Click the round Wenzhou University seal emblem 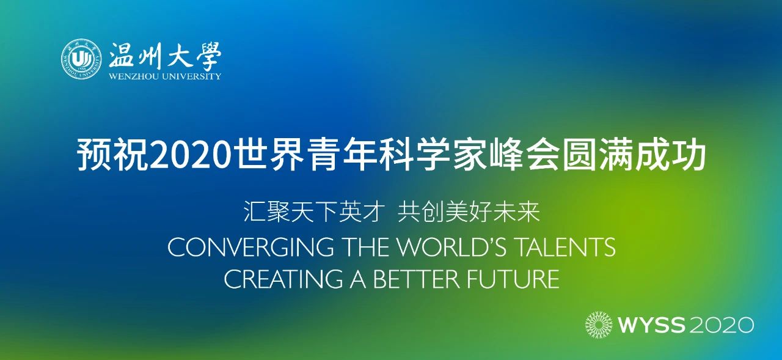[82, 58]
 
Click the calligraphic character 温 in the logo [122, 55]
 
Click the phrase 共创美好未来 [469, 211]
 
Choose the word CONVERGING [250, 247]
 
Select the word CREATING [283, 279]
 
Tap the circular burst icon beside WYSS [599, 325]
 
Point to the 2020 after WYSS [722, 325]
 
